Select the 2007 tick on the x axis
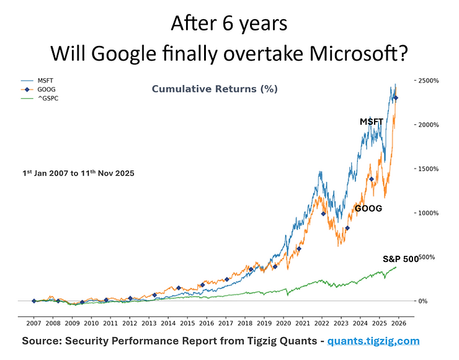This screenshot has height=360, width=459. (x=33, y=323)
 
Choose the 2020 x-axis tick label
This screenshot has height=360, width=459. (x=283, y=323)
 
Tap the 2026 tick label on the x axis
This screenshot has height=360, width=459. (x=399, y=323)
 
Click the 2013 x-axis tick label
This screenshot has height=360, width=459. (x=149, y=323)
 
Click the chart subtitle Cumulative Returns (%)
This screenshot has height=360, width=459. (x=215, y=89)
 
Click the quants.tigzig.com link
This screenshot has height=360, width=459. (x=373, y=341)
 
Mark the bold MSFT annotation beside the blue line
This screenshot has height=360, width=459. (x=372, y=122)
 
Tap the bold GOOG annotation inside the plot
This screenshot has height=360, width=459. (x=368, y=209)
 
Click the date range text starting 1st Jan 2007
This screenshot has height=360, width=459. (x=78, y=173)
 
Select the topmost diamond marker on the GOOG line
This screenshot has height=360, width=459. (x=396, y=98)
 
